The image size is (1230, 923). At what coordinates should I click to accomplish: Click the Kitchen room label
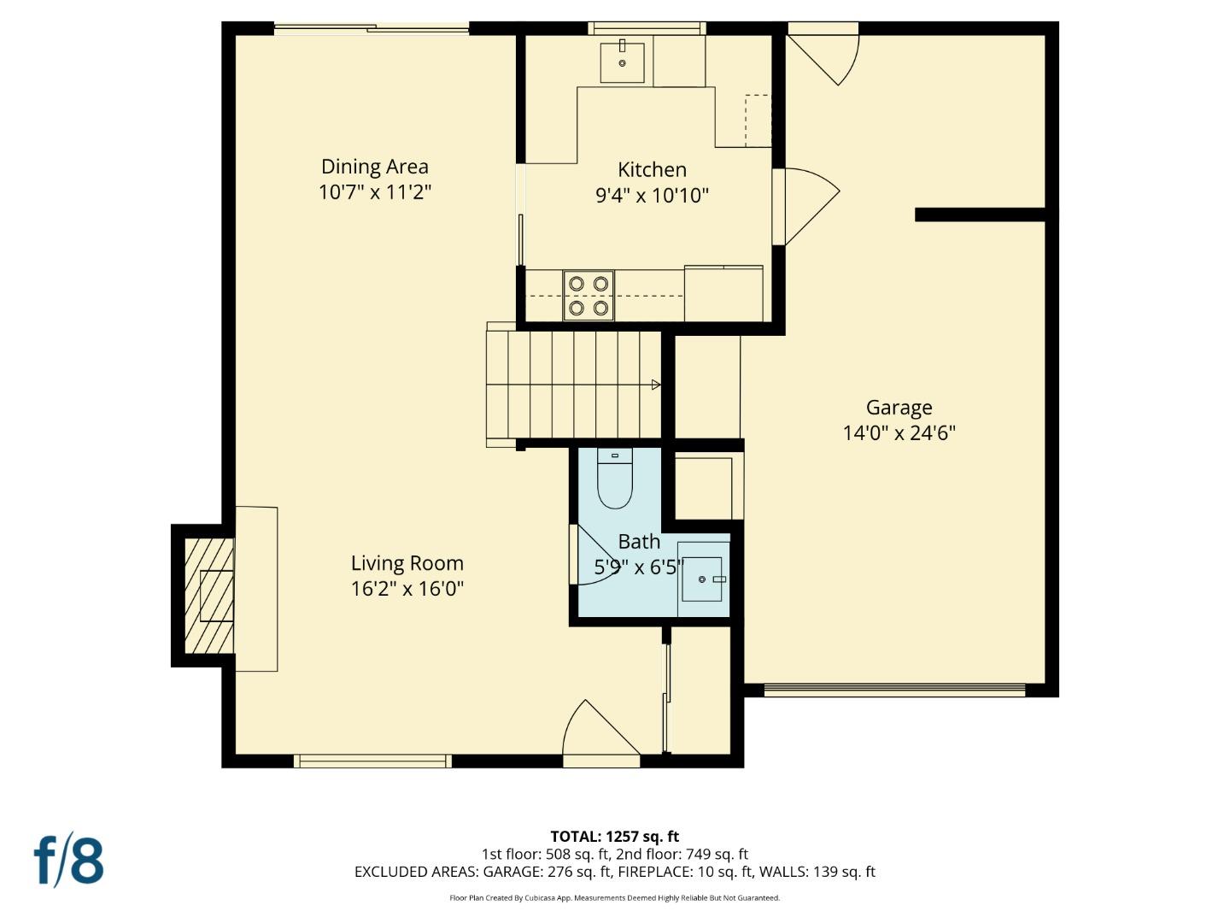pos(652,169)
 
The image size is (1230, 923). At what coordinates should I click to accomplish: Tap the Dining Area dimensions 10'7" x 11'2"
pos(374,191)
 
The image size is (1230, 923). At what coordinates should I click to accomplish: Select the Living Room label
pos(407,563)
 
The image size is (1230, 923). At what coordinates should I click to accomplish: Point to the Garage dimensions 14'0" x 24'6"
pos(899,432)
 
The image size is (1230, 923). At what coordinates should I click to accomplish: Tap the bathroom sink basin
pos(702,579)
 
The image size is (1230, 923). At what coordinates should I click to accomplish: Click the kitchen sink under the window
pos(622,61)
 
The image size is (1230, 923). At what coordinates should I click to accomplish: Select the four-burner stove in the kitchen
pos(589,296)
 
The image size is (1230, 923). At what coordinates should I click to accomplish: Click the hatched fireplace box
pos(208,596)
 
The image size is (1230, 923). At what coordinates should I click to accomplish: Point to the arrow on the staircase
pos(655,385)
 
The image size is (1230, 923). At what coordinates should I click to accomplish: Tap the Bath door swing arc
pos(598,557)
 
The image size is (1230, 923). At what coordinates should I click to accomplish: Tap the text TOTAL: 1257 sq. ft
pos(614,836)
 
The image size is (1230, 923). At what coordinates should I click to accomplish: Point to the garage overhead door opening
pos(893,690)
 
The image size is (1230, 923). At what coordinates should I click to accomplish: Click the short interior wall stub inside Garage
pos(980,215)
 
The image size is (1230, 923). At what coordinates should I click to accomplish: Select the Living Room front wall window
pos(372,761)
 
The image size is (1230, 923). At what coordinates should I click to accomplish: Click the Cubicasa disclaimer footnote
pos(614,897)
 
